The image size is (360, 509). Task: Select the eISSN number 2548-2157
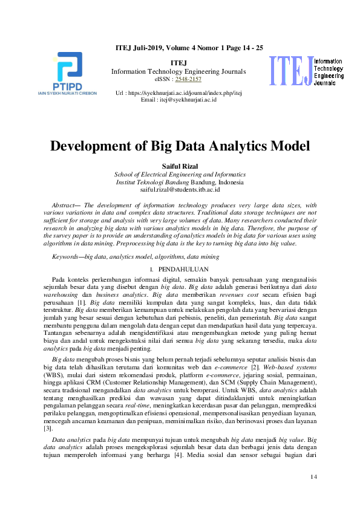pos(188,79)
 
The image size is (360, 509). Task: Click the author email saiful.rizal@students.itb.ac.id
pos(180,189)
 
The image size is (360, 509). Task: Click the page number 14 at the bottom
pos(313,478)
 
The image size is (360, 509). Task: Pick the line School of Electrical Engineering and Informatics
pos(180,175)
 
